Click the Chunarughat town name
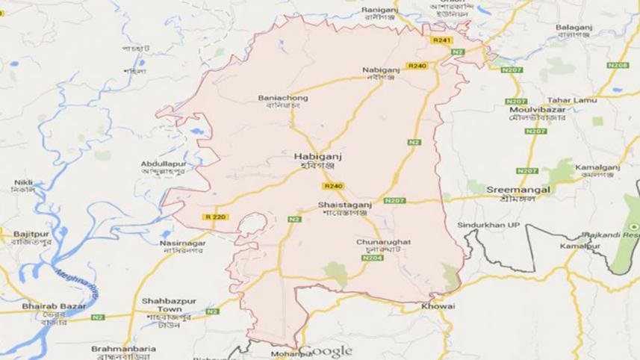point(383,243)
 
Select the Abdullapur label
point(162,164)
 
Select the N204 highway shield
point(372,258)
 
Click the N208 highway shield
point(617,66)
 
